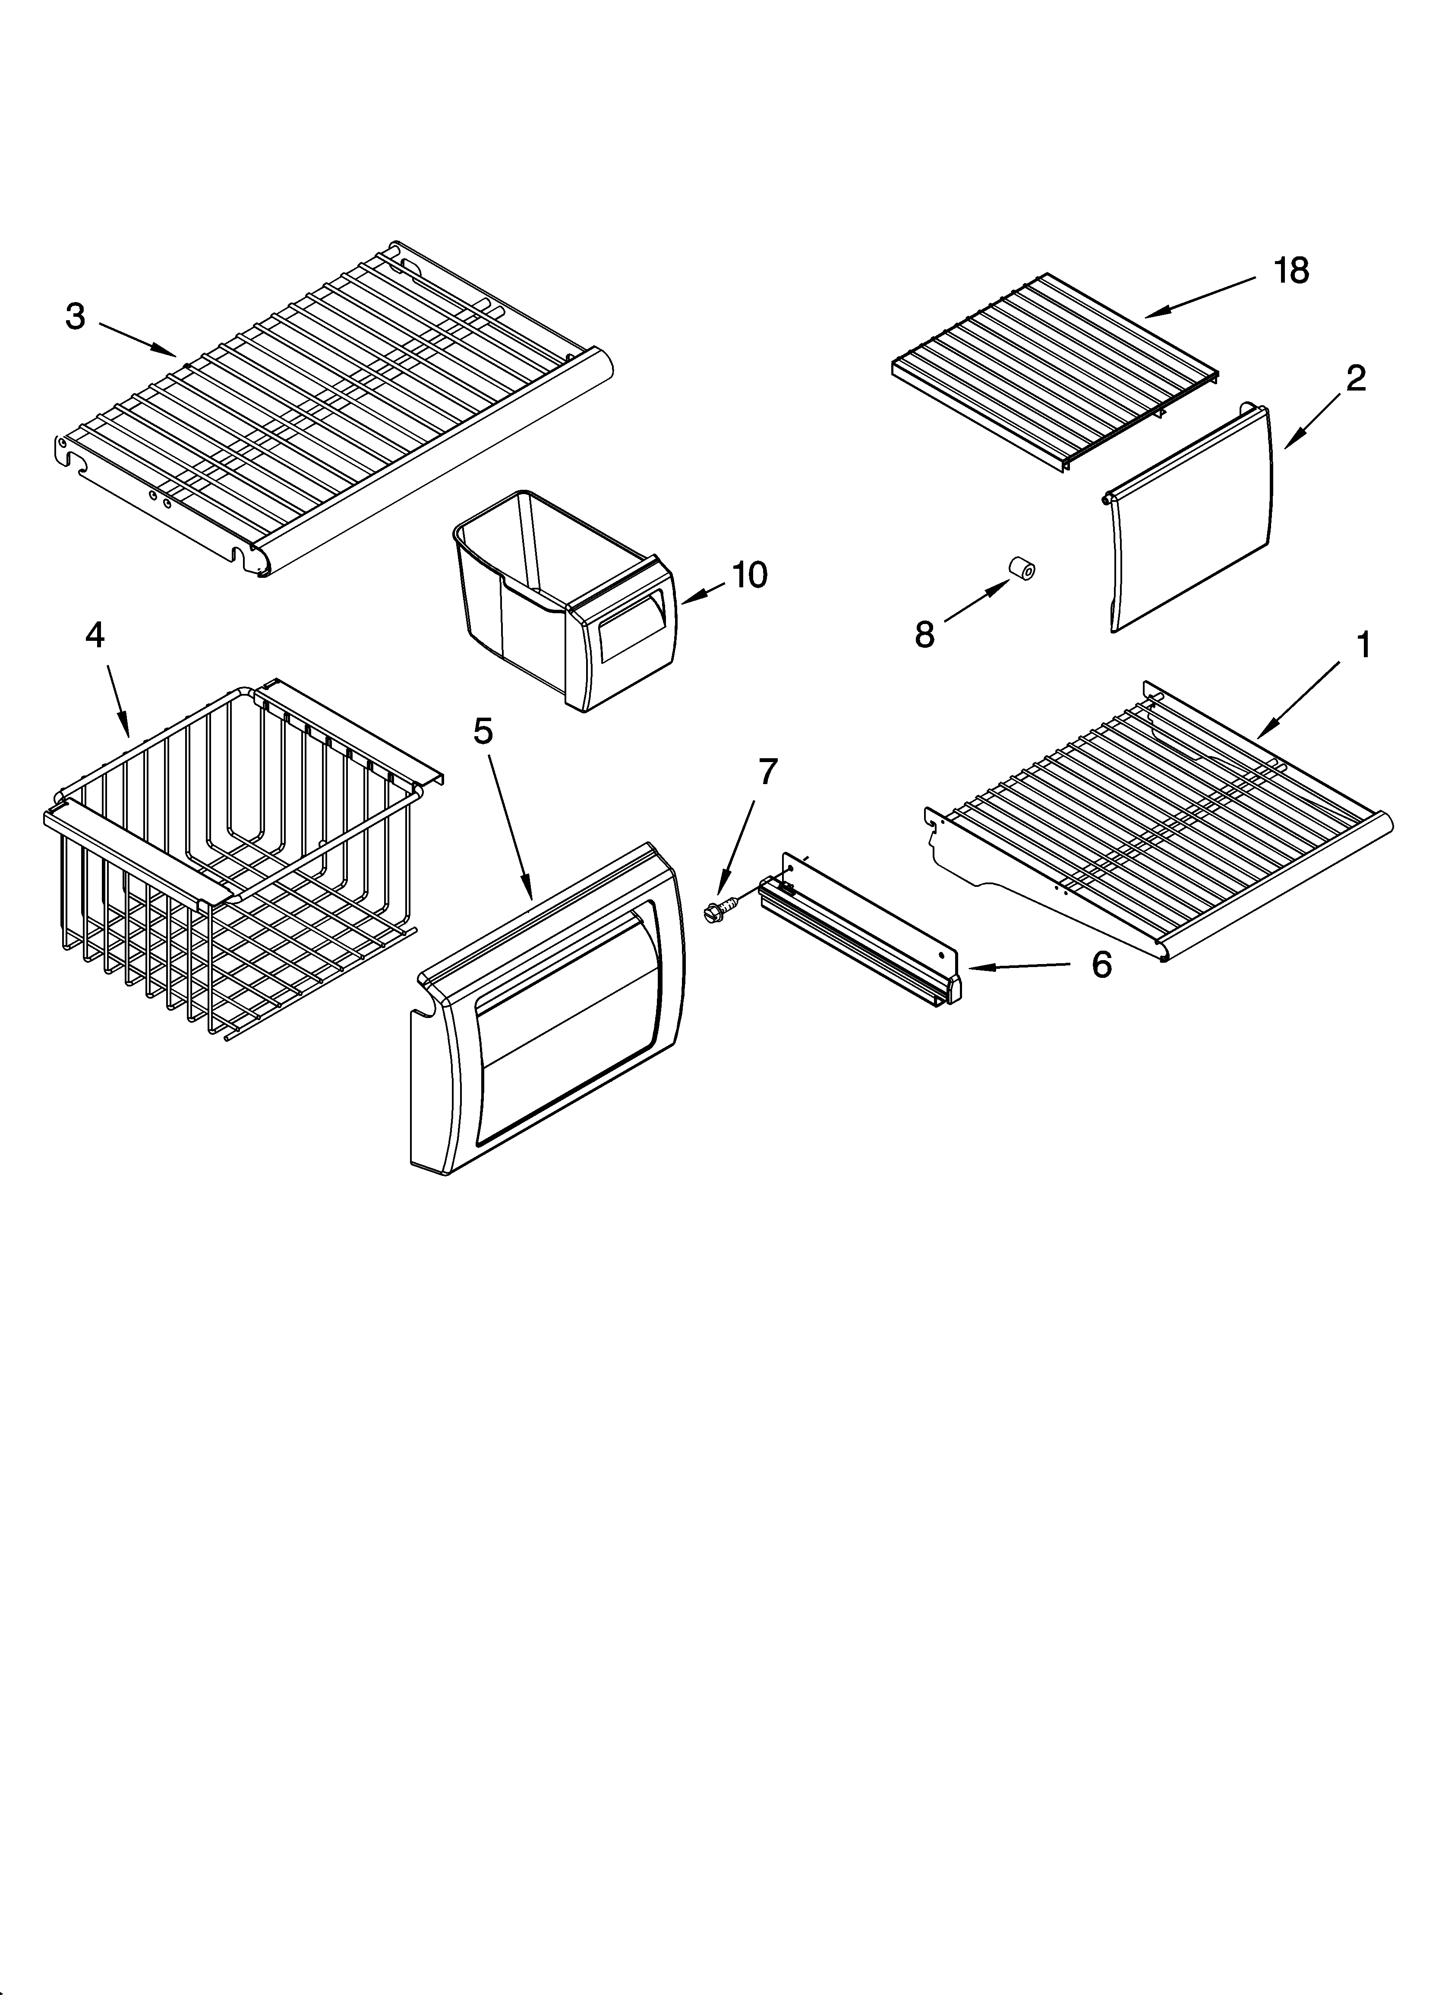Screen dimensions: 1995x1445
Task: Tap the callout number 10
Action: coord(749,575)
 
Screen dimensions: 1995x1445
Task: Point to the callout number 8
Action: coord(924,634)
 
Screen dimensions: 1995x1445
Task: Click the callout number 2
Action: coord(1355,378)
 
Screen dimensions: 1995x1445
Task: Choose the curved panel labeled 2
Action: coord(1188,519)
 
